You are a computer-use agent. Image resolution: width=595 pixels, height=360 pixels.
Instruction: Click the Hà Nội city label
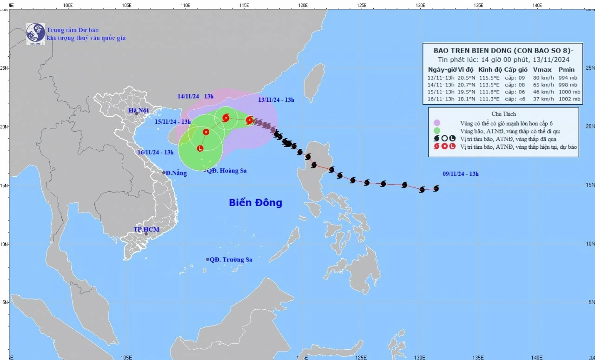pos(139,110)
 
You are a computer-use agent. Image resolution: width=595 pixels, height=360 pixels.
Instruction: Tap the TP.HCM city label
pos(146,229)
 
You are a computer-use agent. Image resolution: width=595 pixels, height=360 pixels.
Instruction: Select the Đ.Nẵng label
pos(176,173)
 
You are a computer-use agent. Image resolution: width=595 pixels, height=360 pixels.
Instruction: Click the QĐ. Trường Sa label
pos(231,260)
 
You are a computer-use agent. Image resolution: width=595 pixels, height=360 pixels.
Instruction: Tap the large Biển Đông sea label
pos(255,203)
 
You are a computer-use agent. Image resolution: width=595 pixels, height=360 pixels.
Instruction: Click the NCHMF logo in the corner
pos(35,33)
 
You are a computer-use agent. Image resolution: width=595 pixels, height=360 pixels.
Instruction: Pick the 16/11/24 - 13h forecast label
pos(156,152)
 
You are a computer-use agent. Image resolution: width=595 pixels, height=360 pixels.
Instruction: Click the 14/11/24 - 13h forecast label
pos(195,96)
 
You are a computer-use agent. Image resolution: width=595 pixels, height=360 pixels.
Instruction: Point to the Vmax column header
pos(541,69)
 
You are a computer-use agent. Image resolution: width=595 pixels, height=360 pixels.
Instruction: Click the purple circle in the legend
pos(436,123)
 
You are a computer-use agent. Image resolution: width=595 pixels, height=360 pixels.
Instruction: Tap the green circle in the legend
pos(436,131)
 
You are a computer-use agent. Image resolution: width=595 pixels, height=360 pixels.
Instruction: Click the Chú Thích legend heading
pos(503,114)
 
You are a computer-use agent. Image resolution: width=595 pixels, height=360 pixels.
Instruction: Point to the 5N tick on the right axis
pos(590,302)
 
